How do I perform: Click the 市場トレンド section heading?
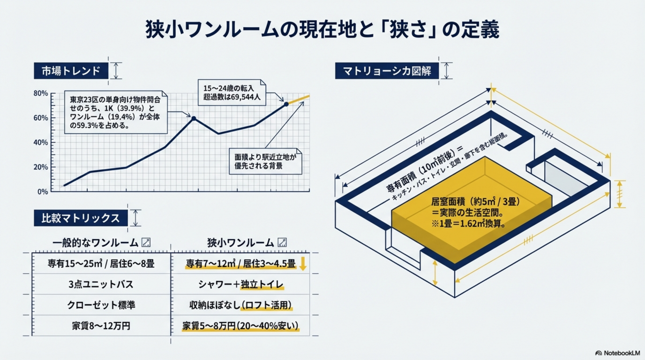click(71, 71)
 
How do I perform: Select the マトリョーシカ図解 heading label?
click(387, 71)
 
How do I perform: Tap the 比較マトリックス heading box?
click(81, 218)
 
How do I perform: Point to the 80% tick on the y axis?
click(41, 93)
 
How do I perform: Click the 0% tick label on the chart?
click(43, 192)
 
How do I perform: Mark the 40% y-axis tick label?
click(41, 142)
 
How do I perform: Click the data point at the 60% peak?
click(193, 118)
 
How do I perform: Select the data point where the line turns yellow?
click(286, 104)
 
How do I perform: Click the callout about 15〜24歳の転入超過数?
click(232, 93)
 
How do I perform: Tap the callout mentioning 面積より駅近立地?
click(265, 161)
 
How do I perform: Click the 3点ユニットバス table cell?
click(101, 284)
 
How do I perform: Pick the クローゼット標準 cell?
click(101, 305)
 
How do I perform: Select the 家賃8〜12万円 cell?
click(101, 326)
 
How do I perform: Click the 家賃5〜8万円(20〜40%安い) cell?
click(240, 326)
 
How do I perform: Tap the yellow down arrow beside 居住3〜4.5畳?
click(303, 264)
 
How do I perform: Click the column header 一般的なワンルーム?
click(95, 242)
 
